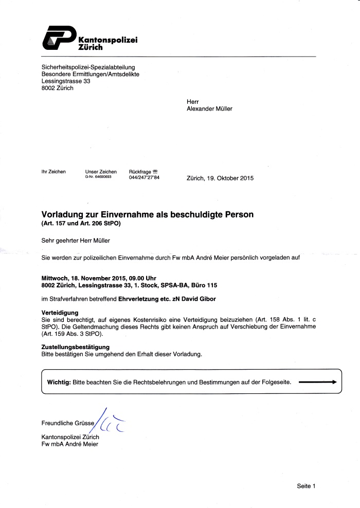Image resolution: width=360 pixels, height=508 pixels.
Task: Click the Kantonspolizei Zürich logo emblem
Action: pos(57,39)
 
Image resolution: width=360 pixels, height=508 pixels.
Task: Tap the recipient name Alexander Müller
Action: pos(209,108)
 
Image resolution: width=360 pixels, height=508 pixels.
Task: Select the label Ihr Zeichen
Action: pos(53,172)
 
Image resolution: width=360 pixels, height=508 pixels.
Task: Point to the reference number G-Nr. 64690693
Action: pos(98,176)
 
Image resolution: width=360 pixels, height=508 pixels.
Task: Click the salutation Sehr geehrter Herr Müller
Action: pos(76,240)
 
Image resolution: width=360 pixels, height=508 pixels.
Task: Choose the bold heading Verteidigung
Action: pos(60,313)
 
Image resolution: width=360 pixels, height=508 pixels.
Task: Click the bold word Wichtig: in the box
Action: pos(59,383)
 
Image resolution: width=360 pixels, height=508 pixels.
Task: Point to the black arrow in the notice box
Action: pos(317,383)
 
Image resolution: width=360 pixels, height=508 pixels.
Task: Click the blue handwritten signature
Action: pos(110,423)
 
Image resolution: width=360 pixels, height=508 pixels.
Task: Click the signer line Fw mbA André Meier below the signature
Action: pos(69,444)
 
